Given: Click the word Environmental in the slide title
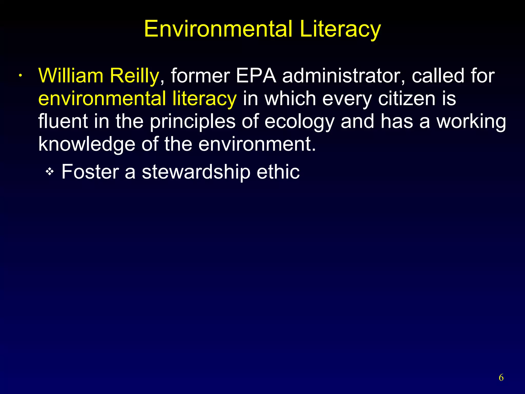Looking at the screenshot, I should click(x=218, y=29).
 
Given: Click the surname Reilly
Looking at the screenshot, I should click(x=134, y=76).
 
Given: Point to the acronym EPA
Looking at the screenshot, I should click(x=256, y=76).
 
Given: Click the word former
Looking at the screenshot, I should click(x=200, y=76).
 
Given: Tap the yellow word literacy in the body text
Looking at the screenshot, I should click(x=204, y=99).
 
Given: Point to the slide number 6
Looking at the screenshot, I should click(x=501, y=378).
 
